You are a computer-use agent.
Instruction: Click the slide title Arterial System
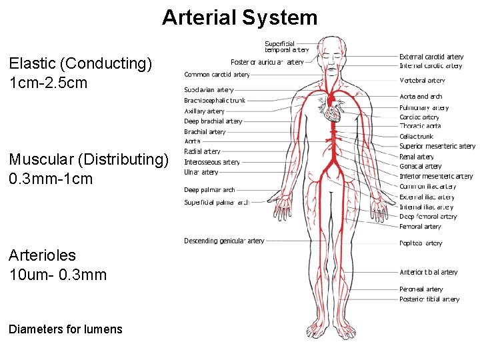239,17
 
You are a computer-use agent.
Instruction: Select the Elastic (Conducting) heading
81,64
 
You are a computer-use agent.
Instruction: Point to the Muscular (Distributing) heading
90,159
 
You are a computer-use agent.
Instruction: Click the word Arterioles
43,255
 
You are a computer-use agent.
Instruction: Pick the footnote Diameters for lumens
66,329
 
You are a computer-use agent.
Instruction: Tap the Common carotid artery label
217,75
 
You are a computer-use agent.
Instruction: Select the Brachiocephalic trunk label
215,101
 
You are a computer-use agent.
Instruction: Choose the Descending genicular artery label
224,241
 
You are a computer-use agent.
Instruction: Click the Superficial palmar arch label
217,203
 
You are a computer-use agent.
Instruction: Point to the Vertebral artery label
422,81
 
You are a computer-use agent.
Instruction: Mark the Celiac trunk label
416,137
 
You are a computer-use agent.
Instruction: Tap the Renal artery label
417,157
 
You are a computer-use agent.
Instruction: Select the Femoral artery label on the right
420,227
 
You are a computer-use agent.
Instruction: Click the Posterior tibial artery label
429,299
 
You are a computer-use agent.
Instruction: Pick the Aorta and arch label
421,97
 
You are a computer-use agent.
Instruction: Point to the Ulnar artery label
201,173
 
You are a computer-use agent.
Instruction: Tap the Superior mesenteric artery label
437,146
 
